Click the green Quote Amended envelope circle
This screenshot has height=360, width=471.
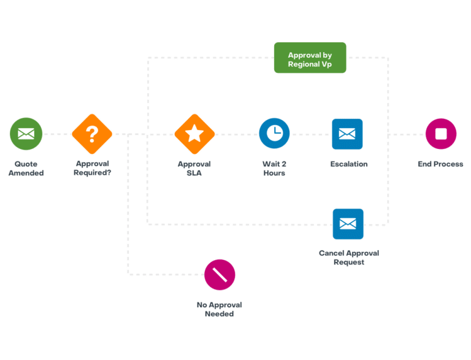pos(26,134)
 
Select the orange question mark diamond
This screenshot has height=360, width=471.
pos(92,134)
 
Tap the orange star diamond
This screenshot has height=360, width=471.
pos(194,134)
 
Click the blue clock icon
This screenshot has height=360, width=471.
pos(274,134)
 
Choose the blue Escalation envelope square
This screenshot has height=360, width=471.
pos(347,134)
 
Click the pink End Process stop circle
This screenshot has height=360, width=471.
pos(441,134)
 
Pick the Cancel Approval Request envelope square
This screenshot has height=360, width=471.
pos(348,224)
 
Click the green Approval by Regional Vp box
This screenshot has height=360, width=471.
pos(310,58)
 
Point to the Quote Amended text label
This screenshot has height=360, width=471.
pos(26,169)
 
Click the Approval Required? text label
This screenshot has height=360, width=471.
pos(92,169)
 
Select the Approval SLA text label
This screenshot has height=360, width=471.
pos(194,169)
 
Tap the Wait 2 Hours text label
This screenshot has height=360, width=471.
pos(274,169)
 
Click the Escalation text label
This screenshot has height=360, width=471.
pos(348,164)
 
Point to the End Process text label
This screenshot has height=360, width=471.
pos(440,164)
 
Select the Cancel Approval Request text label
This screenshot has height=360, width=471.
pos(348,258)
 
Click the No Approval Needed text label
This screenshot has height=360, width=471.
pos(220,309)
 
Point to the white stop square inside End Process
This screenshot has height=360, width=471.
pos(441,134)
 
